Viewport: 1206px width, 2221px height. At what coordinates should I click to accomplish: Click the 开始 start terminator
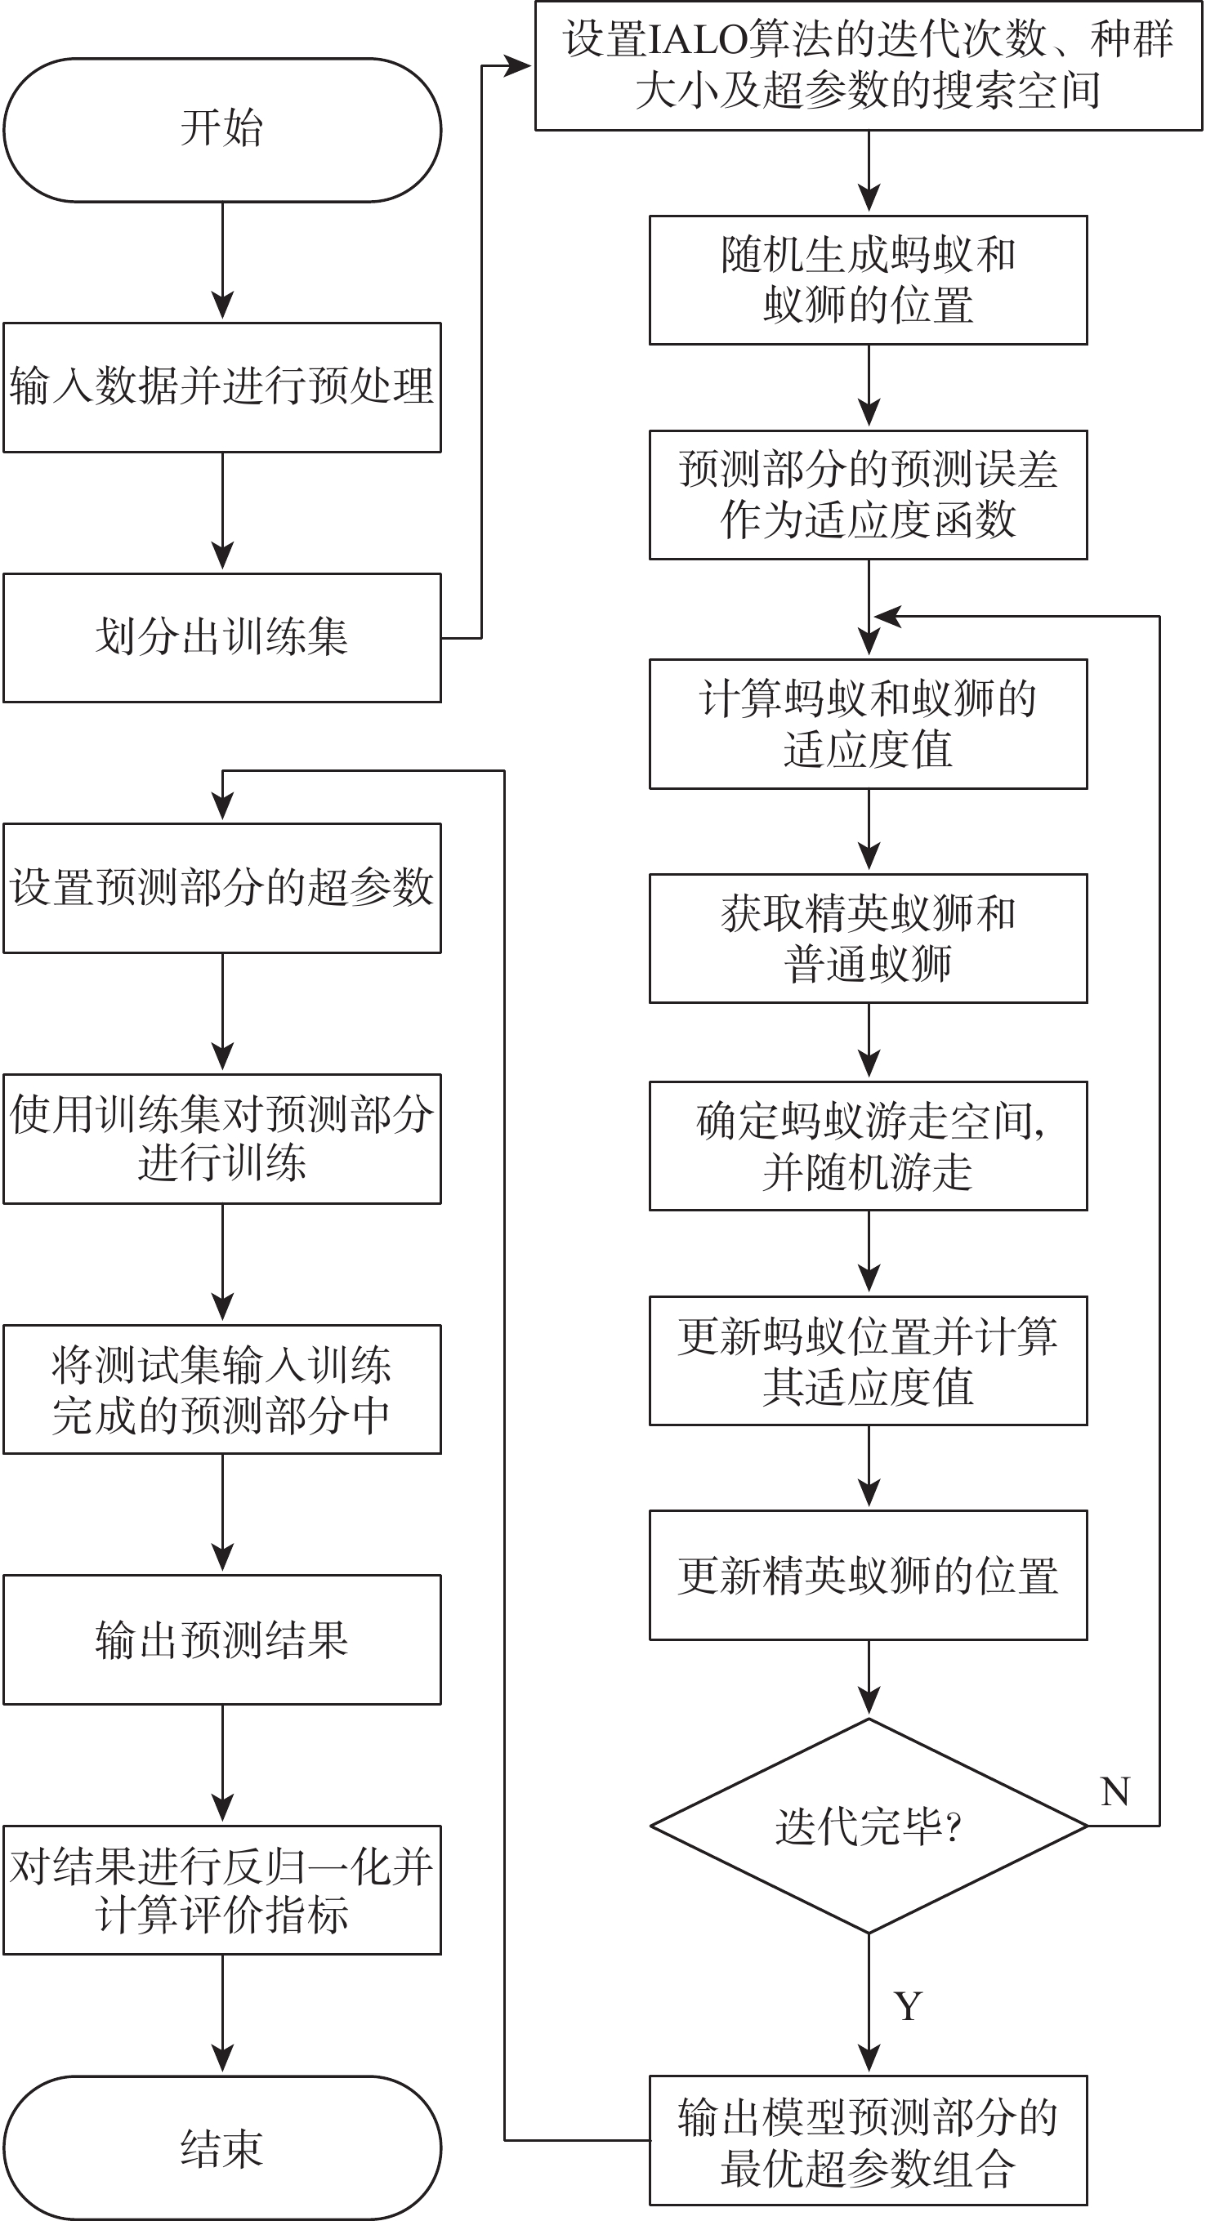pyautogui.click(x=222, y=130)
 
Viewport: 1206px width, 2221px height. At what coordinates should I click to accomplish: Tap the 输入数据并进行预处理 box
pyautogui.click(x=222, y=387)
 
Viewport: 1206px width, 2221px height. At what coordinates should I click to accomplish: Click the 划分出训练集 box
pyautogui.click(x=222, y=638)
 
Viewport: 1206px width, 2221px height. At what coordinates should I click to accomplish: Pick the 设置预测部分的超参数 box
pyautogui.click(x=222, y=888)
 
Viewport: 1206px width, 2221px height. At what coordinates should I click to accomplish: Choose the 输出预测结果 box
pyautogui.click(x=222, y=1640)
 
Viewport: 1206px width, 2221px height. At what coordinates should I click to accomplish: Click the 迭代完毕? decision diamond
pyautogui.click(x=869, y=1826)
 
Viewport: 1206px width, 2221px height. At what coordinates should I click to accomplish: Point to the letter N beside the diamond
pyautogui.click(x=1115, y=1791)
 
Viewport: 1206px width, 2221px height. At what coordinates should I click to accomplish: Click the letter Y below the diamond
pyautogui.click(x=909, y=2006)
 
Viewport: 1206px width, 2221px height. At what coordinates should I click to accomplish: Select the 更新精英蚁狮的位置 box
pyautogui.click(x=869, y=1575)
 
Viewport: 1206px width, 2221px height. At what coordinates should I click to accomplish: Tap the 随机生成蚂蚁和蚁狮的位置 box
pyautogui.click(x=869, y=280)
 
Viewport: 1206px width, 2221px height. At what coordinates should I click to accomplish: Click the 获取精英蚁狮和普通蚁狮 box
pyautogui.click(x=869, y=939)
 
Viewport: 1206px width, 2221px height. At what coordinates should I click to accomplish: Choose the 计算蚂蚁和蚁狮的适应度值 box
pyautogui.click(x=869, y=725)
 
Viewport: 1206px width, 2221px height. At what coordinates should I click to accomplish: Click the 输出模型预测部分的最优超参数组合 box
pyautogui.click(x=869, y=2140)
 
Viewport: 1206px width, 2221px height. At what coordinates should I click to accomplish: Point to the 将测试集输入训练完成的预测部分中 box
pyautogui.click(x=222, y=1389)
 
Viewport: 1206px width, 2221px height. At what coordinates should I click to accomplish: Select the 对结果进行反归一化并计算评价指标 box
pyautogui.click(x=222, y=1890)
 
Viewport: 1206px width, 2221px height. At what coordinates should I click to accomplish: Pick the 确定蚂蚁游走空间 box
pyautogui.click(x=869, y=1146)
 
